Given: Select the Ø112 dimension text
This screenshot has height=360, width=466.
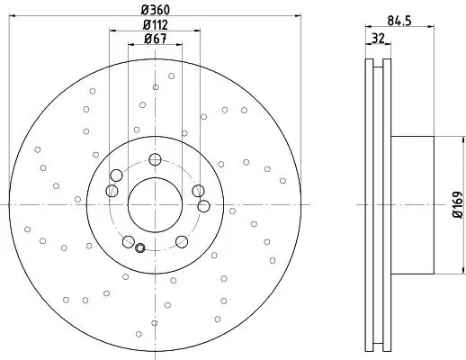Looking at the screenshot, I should (x=155, y=24).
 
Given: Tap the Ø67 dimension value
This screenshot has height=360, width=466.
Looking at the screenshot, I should (x=155, y=39).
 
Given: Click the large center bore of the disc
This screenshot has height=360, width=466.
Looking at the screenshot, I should (x=155, y=201).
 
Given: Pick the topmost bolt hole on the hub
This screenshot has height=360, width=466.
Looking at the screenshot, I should (x=155, y=160).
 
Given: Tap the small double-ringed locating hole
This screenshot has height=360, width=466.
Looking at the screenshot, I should (x=139, y=247).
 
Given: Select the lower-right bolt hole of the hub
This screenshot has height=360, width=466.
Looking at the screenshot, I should (x=181, y=240).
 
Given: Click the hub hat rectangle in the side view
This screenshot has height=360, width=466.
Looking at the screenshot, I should (x=415, y=202).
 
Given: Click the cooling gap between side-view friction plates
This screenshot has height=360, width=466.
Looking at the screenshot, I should (x=380, y=202).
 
